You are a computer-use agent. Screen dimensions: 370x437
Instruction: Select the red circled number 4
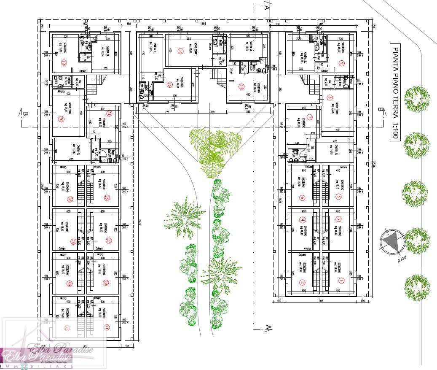(x=302, y=220)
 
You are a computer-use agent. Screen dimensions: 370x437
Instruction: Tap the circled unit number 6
(x=302, y=197)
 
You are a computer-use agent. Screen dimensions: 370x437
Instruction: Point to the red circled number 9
(x=342, y=63)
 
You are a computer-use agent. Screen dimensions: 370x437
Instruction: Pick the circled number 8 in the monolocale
(x=330, y=99)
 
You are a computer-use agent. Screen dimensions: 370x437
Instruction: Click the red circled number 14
(x=180, y=51)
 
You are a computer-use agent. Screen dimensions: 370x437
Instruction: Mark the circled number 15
(x=241, y=87)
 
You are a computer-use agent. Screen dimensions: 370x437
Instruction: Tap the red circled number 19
(x=64, y=63)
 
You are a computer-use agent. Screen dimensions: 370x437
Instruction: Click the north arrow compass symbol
(x=393, y=242)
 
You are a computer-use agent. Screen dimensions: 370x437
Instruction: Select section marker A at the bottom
(x=267, y=327)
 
